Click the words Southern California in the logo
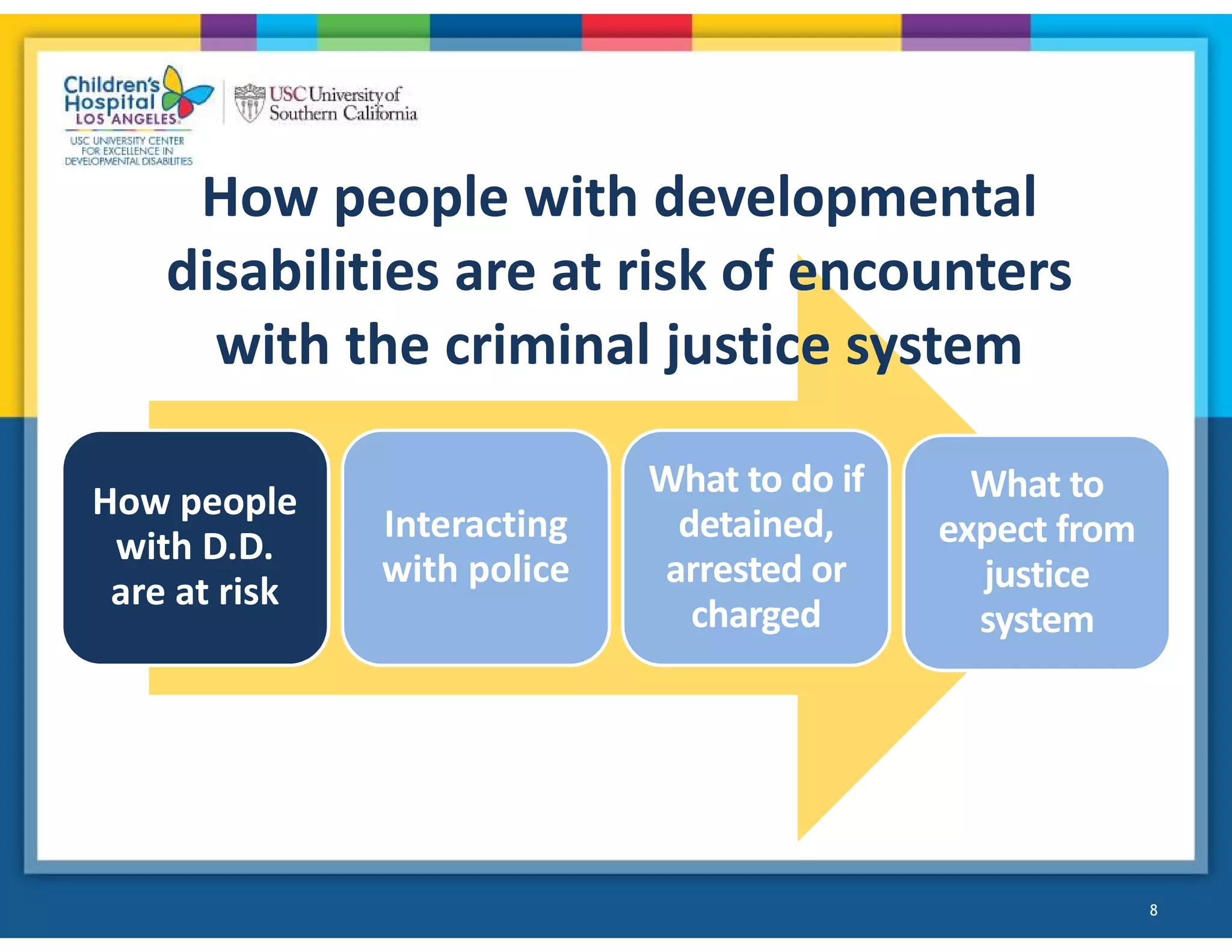pos(343,113)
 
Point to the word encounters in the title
pos(930,272)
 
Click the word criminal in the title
pos(547,345)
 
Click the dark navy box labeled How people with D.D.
pos(196,548)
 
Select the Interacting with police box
pos(476,548)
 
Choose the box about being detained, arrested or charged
pos(756,548)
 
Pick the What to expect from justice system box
pos(1036,552)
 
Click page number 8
pos(1153,910)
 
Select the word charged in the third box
pos(756,614)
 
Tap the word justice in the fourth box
pos(1036,574)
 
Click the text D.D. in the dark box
pos(238,548)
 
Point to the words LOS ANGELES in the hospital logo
pos(126,119)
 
